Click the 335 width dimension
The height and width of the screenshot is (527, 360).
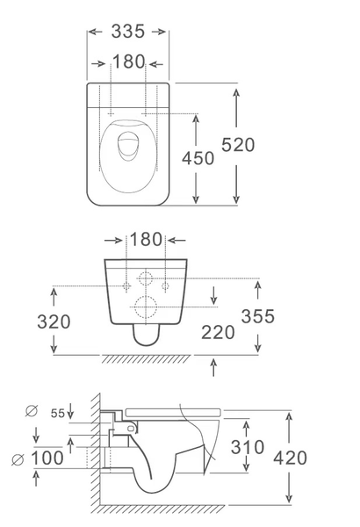[127, 32]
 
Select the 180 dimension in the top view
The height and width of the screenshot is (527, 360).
[128, 61]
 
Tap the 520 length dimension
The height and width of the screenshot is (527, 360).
[238, 145]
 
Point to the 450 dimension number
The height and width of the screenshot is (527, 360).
[198, 158]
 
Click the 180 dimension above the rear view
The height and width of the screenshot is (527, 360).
[146, 240]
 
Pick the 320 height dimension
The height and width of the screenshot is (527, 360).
[54, 321]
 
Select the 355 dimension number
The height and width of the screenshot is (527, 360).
[258, 316]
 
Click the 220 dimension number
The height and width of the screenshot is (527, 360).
[218, 333]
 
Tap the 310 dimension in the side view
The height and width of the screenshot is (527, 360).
[248, 447]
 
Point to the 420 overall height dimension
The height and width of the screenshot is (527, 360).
[290, 458]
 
